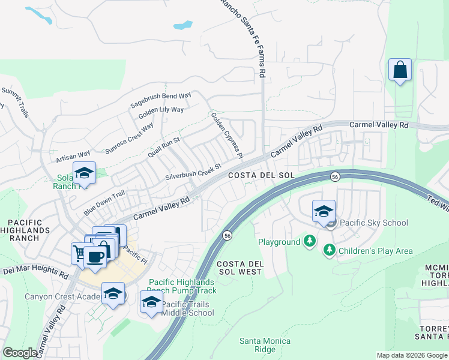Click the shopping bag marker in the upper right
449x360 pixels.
pos(400,70)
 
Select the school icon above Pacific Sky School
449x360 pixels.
pos(324,212)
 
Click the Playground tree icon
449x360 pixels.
pos(310,242)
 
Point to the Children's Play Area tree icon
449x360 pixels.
pos(329,250)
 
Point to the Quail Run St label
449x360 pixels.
pos(164,147)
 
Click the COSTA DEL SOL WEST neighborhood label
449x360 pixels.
pos(239,268)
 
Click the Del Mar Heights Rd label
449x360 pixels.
pos(35,272)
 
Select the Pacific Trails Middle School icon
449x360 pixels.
pos(151,302)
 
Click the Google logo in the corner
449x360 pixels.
pos(20,353)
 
